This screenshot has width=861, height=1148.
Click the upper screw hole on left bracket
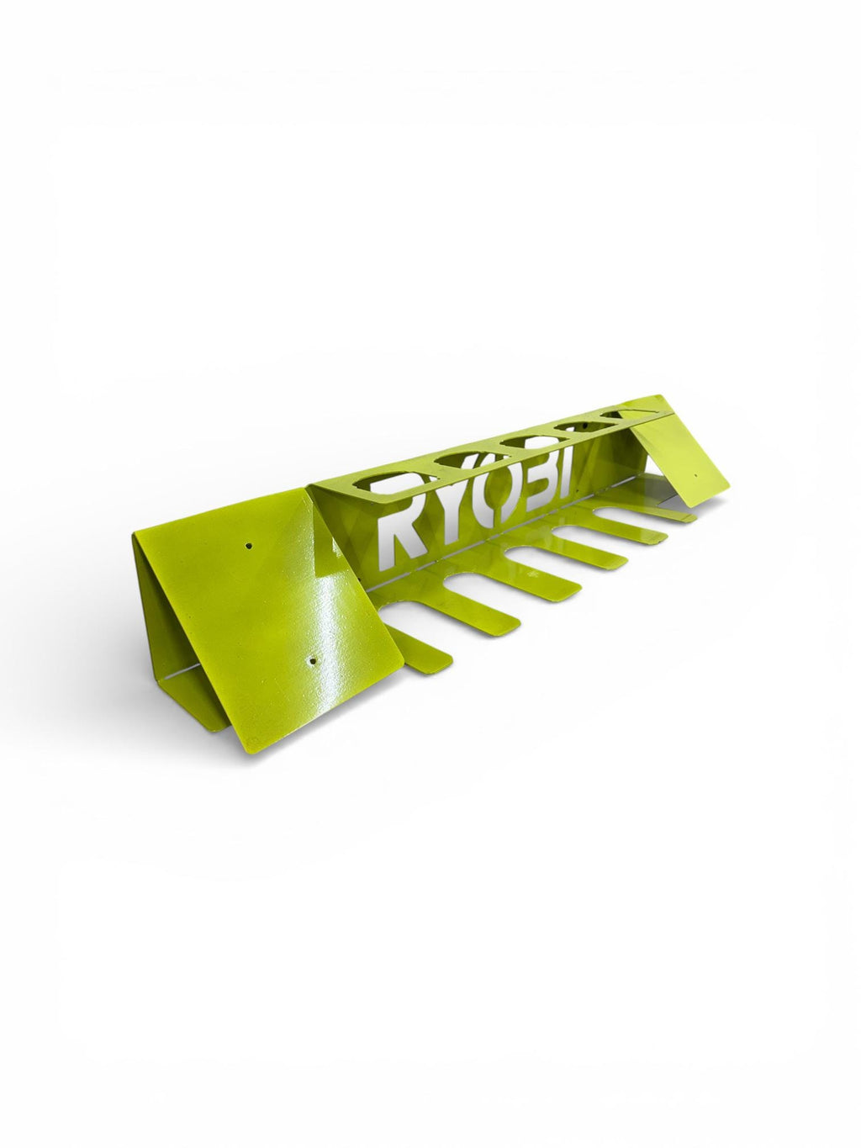tap(249, 546)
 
